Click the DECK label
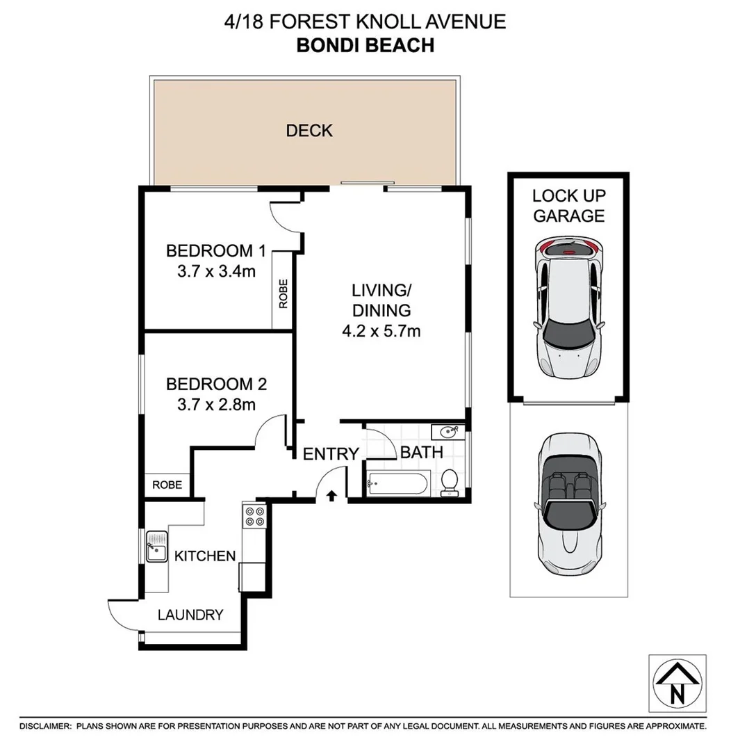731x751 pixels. [309, 130]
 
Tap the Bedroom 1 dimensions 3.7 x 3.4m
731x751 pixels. [216, 271]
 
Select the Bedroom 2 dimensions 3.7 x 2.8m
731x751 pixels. [216, 404]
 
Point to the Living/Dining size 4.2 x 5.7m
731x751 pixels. [381, 332]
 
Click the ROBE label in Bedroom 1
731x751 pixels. [283, 293]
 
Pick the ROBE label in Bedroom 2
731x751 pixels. [167, 485]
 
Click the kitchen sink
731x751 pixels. [156, 547]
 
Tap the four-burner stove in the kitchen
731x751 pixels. [254, 515]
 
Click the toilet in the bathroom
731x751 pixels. [450, 482]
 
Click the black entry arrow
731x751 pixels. [331, 495]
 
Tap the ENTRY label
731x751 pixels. [331, 454]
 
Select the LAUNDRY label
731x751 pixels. [190, 615]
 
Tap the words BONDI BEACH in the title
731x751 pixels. [365, 45]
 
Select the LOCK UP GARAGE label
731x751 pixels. [568, 206]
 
